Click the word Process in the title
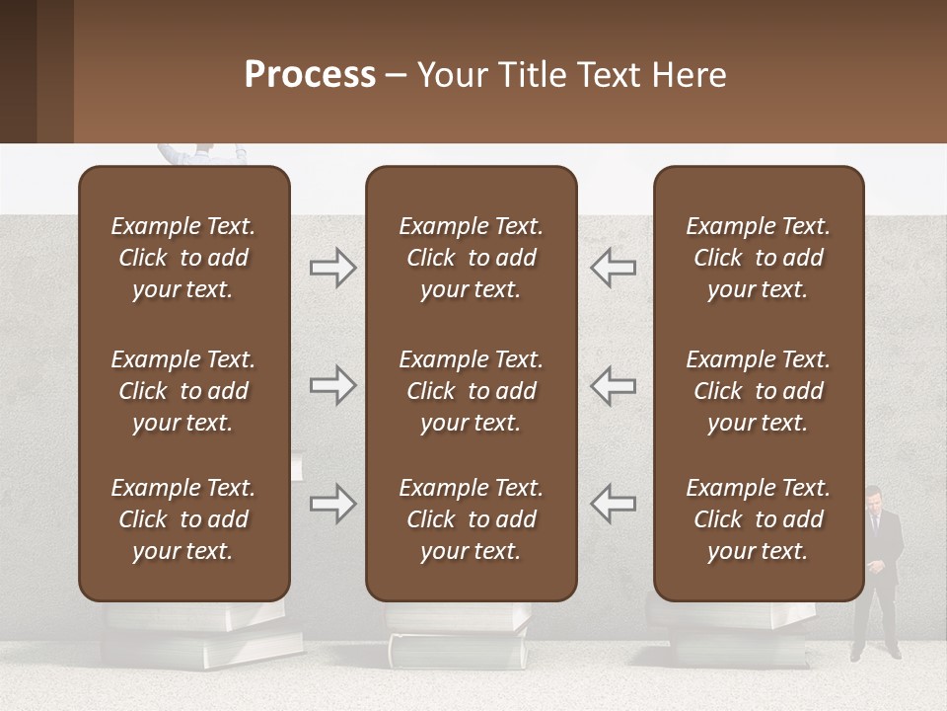(310, 75)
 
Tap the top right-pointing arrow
(332, 268)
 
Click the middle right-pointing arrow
(332, 385)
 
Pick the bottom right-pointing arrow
(332, 504)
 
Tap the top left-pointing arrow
(613, 268)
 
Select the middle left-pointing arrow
(613, 385)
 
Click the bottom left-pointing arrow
(613, 504)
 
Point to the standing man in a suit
(876, 573)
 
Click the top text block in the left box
(183, 258)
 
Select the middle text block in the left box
(183, 391)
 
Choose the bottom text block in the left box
(183, 519)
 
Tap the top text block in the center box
(471, 258)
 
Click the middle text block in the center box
(471, 391)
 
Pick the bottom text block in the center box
(471, 519)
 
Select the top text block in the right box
(758, 258)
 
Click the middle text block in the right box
(758, 391)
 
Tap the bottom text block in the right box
(758, 519)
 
